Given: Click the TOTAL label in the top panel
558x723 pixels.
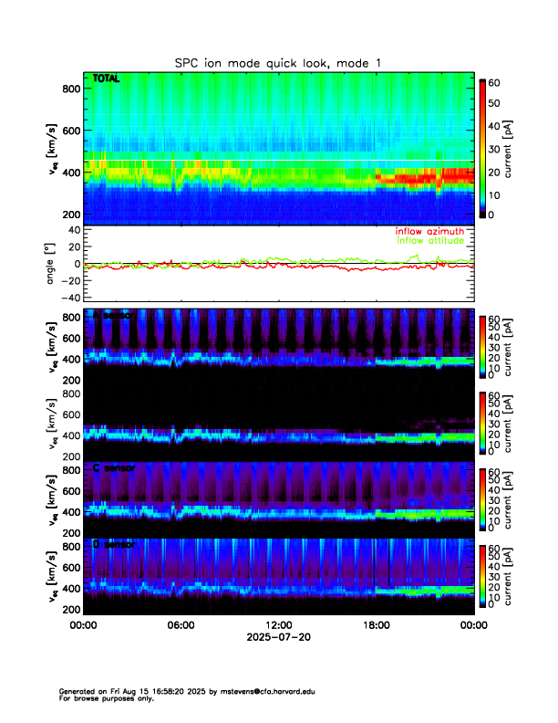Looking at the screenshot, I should click(x=107, y=80).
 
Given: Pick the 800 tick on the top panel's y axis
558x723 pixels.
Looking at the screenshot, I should click(x=70, y=89).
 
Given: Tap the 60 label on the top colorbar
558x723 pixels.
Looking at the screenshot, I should click(x=498, y=82).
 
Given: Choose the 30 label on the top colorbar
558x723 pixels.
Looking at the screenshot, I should click(x=498, y=148).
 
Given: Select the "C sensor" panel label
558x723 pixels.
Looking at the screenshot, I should click(x=114, y=467).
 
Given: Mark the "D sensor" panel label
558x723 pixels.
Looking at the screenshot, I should click(x=114, y=544).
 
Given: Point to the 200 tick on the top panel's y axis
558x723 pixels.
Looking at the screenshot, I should click(x=70, y=214).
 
